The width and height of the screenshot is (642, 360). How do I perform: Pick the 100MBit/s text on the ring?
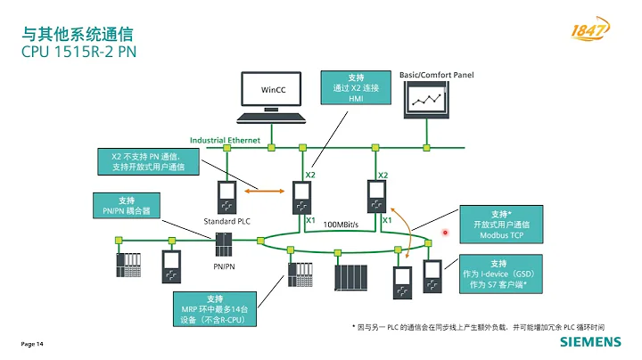pos(341,224)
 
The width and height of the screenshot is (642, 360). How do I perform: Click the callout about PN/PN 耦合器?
pos(126,206)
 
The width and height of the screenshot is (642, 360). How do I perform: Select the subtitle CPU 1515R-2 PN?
pos(78,53)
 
